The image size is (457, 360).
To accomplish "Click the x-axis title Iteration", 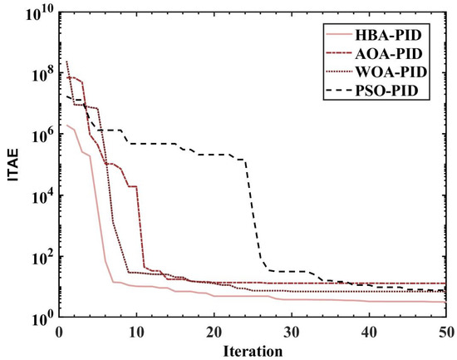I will [253, 351].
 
